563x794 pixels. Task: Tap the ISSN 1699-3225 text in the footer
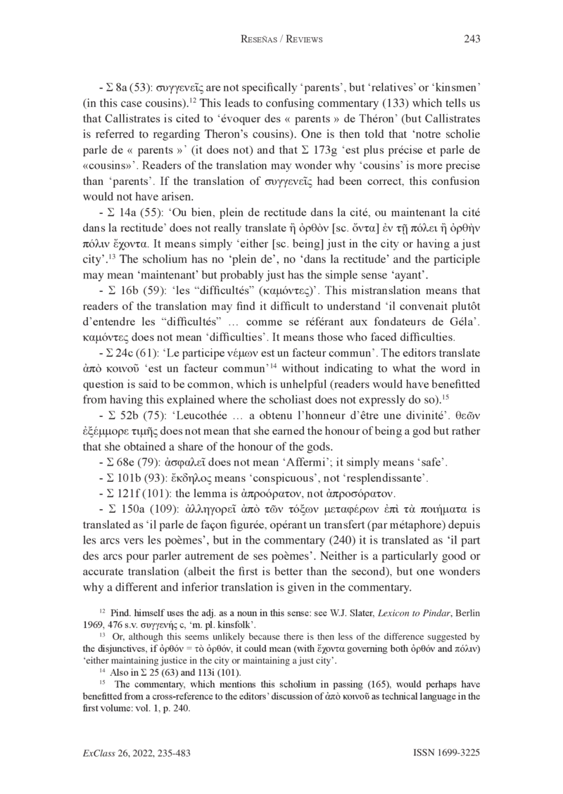(x=445, y=753)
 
